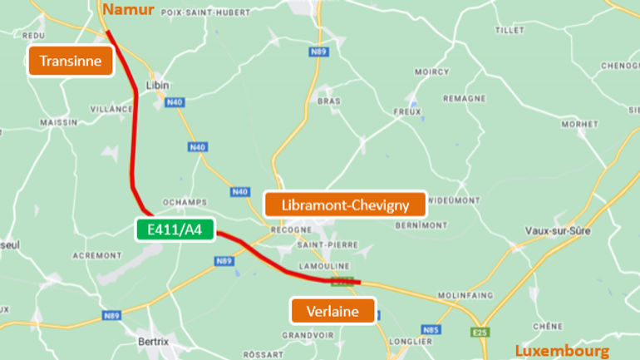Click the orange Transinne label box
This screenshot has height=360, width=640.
click(70, 61)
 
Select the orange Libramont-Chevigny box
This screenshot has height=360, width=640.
click(344, 205)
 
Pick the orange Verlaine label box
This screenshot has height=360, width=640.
click(332, 311)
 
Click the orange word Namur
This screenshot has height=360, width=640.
click(128, 8)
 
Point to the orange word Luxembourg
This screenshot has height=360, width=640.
click(562, 350)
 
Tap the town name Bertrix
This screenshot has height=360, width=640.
click(155, 341)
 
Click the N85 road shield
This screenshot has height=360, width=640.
click(430, 330)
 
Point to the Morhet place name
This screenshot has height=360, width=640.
click(579, 124)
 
